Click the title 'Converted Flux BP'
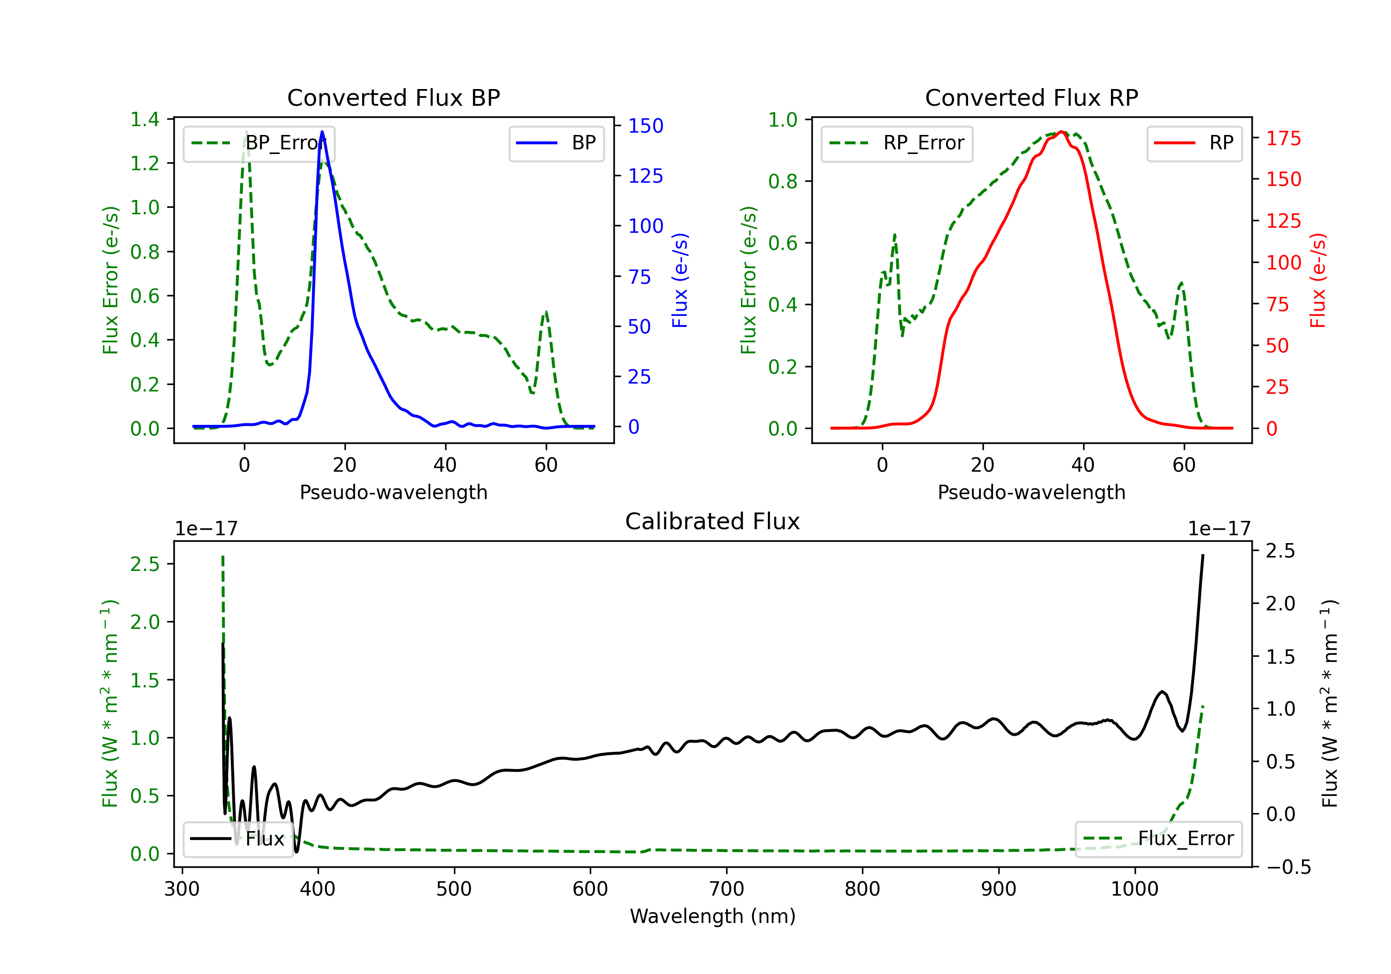point(393,97)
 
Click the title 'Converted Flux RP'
point(1031,97)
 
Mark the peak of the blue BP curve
point(322,132)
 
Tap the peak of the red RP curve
point(1061,132)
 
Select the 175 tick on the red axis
point(1283,138)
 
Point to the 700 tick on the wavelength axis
point(727,889)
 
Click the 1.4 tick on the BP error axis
point(145,119)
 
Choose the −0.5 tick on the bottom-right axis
point(1288,867)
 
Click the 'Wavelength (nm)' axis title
point(713,916)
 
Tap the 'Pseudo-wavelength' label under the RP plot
point(1031,492)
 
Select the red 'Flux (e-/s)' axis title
point(1318,280)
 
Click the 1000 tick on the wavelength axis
point(1134,889)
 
